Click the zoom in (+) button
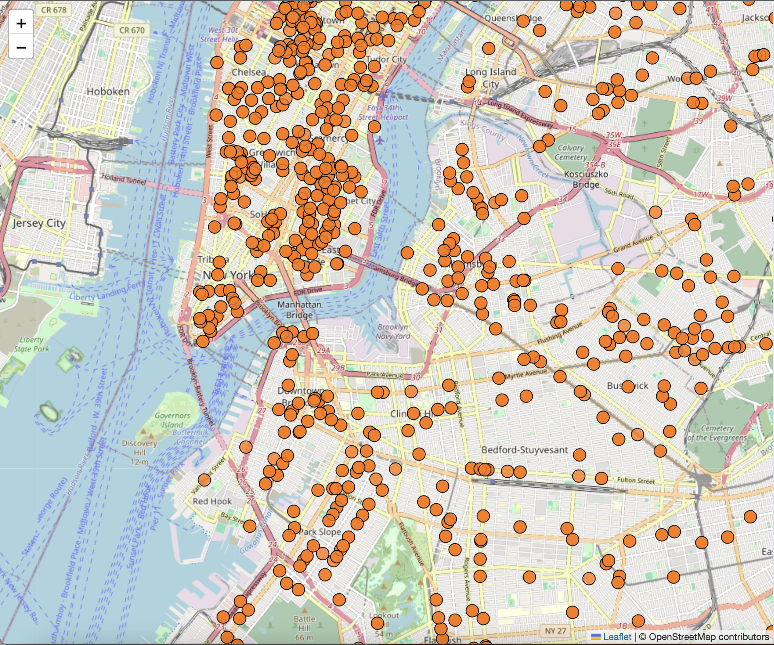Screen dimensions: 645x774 pos(21,23)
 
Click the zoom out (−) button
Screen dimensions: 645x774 pos(21,47)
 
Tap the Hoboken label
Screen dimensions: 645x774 pos(108,91)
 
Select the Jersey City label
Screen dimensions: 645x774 pos(39,223)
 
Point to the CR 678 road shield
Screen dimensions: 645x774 pos(54,10)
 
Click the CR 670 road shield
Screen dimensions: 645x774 pos(132,30)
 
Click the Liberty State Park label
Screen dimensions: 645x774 pos(31,344)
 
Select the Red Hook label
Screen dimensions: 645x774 pos(212,501)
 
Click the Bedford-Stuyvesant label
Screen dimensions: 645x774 pos(525,450)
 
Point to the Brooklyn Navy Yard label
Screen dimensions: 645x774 pos(393,331)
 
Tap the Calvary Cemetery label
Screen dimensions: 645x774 pos(571,152)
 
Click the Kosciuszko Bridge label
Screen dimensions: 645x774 pos(586,179)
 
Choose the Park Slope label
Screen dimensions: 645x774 pos(320,531)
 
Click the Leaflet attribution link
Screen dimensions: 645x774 pos(617,637)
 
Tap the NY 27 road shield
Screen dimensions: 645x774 pos(555,631)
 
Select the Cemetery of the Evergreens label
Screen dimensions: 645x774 pos(717,433)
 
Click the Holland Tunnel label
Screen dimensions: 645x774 pos(124,179)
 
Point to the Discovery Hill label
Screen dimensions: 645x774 pos(140,448)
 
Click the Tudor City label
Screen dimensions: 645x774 pos(386,59)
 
